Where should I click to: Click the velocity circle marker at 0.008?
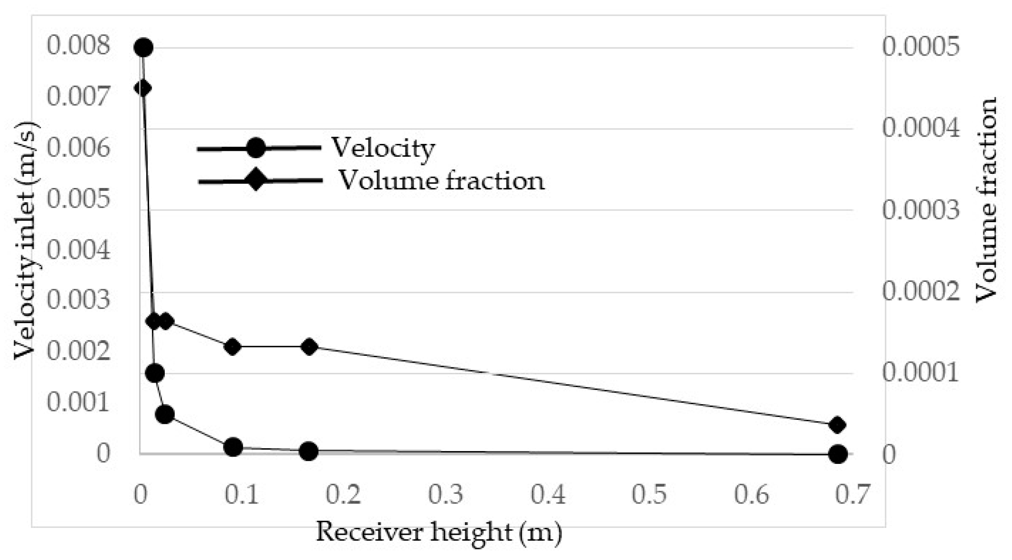click(143, 47)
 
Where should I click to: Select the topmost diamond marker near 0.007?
click(143, 88)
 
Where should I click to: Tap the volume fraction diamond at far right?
click(837, 425)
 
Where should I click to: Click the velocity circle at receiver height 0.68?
click(837, 454)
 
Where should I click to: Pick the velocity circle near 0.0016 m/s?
click(155, 373)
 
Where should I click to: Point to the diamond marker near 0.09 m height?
click(233, 347)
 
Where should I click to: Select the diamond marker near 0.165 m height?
click(310, 347)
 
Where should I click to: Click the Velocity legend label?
click(383, 149)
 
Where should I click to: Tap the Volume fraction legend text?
click(441, 181)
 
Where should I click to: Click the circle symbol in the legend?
click(256, 148)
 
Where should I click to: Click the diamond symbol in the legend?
click(255, 180)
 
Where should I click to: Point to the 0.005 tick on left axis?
click(79, 199)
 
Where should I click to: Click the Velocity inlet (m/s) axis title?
click(25, 240)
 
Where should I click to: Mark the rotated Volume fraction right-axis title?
click(986, 200)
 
